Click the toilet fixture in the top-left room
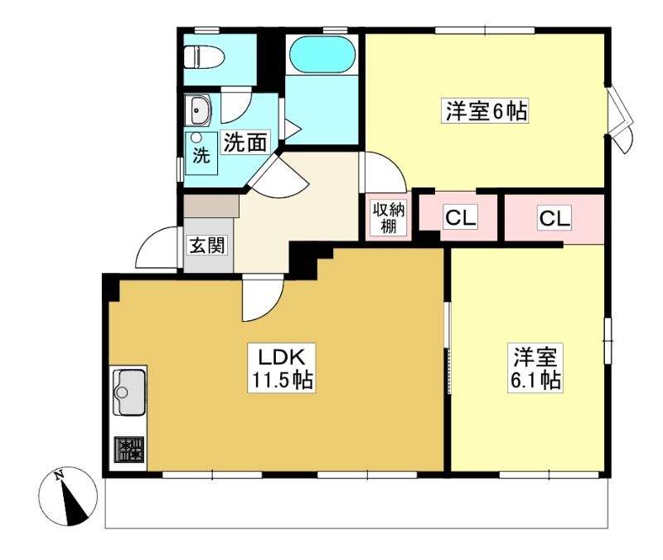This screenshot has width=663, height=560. pos(204,57)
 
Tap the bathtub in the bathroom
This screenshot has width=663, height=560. pos(322,55)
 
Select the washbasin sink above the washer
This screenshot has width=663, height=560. pos(197,110)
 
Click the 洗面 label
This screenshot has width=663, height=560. pos(245,142)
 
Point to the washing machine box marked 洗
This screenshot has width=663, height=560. pos(201,153)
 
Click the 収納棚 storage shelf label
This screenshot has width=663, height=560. pos(388,218)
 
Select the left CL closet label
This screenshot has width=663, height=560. pos(460,218)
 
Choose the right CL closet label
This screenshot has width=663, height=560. pos(554,218)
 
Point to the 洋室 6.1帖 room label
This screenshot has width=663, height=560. pos(535,368)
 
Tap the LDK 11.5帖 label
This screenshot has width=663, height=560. pos(282,368)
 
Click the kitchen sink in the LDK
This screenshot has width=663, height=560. pos(129,392)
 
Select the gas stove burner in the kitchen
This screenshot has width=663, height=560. pos(129,450)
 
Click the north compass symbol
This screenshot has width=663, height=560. pos(68,496)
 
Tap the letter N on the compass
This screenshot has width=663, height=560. pos(59,475)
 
